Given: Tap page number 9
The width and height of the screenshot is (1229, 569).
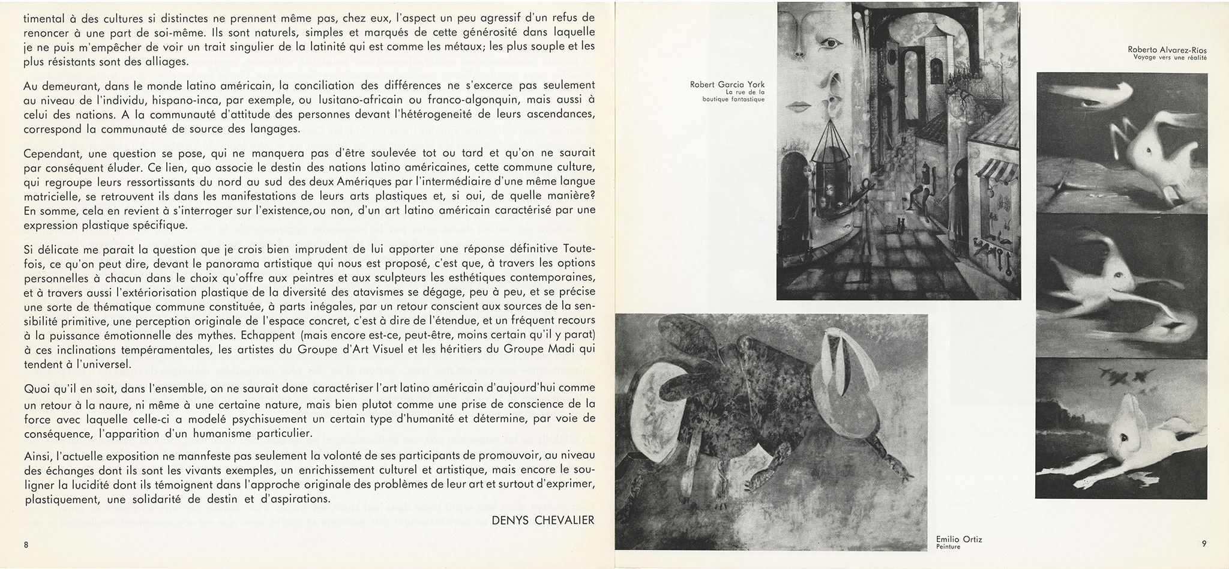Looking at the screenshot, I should (x=1203, y=544).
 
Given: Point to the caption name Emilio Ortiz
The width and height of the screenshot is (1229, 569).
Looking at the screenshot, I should (x=959, y=540).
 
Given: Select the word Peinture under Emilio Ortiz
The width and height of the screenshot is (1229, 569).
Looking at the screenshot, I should (x=948, y=547).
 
